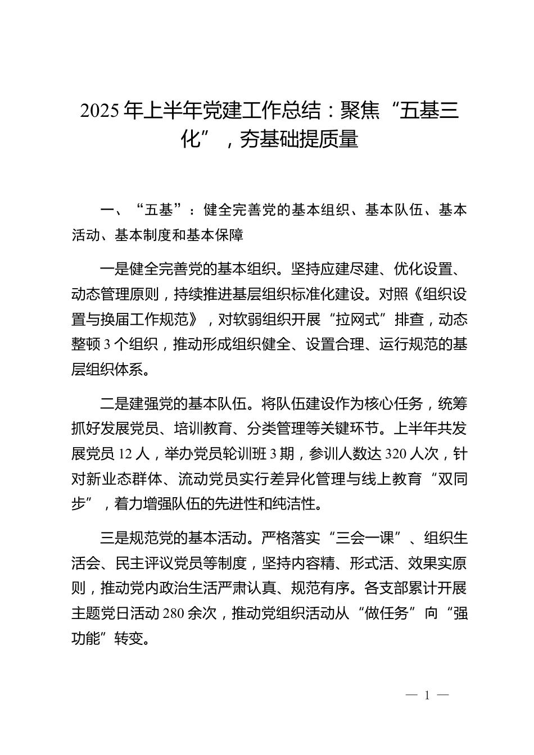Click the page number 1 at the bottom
point(427,695)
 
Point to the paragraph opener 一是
point(114,269)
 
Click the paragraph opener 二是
point(114,404)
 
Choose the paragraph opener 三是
point(114,539)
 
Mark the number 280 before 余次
point(173,614)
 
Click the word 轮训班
point(247,454)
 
